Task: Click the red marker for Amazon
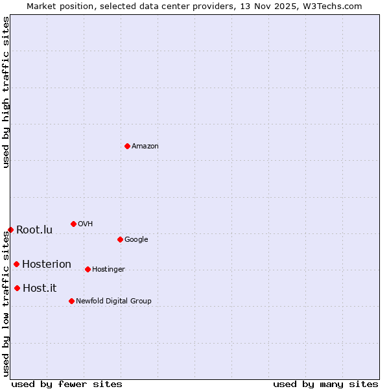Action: [127, 146]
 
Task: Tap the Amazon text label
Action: [145, 146]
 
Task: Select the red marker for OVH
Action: [73, 224]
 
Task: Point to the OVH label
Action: [86, 224]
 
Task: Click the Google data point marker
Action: [120, 239]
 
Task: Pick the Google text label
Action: [136, 239]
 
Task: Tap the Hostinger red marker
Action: [88, 269]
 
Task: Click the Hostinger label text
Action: [108, 269]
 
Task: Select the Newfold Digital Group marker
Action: [71, 301]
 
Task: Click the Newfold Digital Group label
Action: [113, 301]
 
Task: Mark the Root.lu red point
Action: [10, 230]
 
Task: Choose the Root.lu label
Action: [34, 230]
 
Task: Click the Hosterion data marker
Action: [16, 264]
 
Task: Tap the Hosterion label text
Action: [47, 264]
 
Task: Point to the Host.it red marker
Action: [17, 288]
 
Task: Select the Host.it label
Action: [40, 288]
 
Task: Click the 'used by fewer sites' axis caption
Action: [67, 384]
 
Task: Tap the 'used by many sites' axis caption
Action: [325, 384]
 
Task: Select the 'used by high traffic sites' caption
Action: [6, 92]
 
